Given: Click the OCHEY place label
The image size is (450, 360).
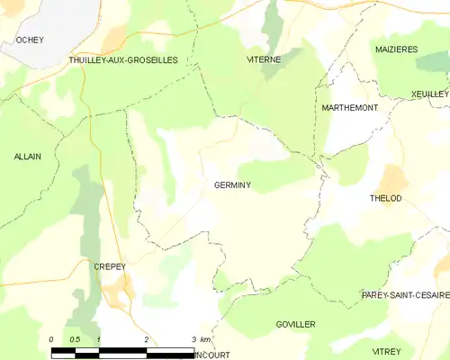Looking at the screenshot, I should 30,40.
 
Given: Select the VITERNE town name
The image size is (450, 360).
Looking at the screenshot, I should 264,59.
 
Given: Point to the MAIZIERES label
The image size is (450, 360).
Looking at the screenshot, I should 396,49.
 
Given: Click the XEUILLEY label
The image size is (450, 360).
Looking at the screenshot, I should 429,94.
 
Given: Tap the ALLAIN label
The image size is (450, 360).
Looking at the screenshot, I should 27,157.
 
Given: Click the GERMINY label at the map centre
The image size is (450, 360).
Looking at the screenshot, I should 232,186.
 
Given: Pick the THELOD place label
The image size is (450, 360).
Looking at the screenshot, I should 385,198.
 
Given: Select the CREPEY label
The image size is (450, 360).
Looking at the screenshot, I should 108,267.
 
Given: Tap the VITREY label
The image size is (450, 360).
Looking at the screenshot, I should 387,347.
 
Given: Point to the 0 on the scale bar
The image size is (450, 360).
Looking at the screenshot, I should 52,339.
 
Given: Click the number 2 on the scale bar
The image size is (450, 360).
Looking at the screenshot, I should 146,339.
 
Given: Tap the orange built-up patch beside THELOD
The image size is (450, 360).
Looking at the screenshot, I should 393,177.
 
